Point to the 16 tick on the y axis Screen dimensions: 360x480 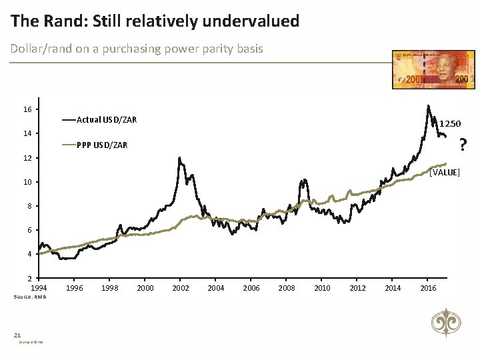click(27, 109)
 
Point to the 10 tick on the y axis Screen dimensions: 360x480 click(27, 182)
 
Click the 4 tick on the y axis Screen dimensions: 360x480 click(29, 254)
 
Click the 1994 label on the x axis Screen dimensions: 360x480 click(39, 288)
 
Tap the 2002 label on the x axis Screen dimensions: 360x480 click(181, 288)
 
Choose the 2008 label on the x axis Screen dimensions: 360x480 click(287, 288)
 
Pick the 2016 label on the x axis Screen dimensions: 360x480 click(429, 288)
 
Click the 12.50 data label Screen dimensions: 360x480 click(449, 123)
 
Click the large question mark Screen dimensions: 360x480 click(463, 144)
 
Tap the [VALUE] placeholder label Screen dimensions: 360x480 click(445, 173)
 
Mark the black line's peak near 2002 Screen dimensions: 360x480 click(179, 157)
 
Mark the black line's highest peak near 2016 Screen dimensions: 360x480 click(427, 105)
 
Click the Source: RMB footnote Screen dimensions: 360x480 click(29, 297)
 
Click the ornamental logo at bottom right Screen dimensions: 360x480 click(444, 323)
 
